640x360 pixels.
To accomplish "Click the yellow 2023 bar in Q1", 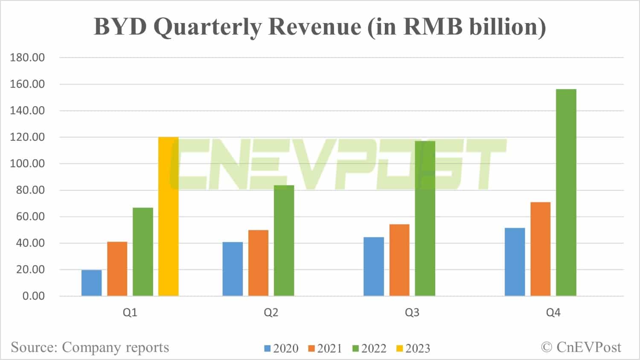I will click(168, 216).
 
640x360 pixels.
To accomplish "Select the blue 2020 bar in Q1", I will click(91, 283).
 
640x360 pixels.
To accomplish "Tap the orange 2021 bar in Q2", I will click(258, 263).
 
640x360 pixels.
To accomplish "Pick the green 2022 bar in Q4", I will click(566, 192).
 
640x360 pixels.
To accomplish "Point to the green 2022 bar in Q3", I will click(425, 218).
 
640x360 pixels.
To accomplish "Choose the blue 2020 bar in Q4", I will click(515, 262).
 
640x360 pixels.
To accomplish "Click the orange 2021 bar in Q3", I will click(399, 260).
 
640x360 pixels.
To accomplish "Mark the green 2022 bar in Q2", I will click(284, 241).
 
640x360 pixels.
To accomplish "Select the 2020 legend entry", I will click(281, 348).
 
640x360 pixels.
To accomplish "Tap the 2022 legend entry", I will click(369, 348).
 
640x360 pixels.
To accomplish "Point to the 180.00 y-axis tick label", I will click(27, 58).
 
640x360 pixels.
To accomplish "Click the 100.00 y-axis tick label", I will click(27, 164).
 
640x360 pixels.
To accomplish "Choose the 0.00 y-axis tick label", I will click(33, 296).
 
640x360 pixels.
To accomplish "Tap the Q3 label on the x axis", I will click(412, 313).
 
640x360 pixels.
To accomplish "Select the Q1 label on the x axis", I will click(130, 313).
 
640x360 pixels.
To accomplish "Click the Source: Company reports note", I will click(90, 347).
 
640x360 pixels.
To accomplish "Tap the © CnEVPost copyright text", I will click(581, 347).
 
